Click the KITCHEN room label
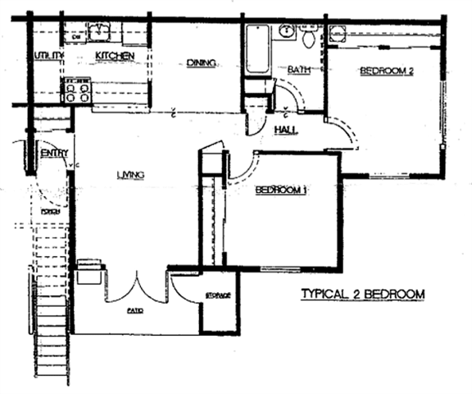115,55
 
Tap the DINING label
200,62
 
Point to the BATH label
297,71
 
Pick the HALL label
284,130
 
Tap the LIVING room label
130,174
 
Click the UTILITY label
50,55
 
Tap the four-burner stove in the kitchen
77,89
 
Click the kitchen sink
101,32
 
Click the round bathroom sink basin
286,32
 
